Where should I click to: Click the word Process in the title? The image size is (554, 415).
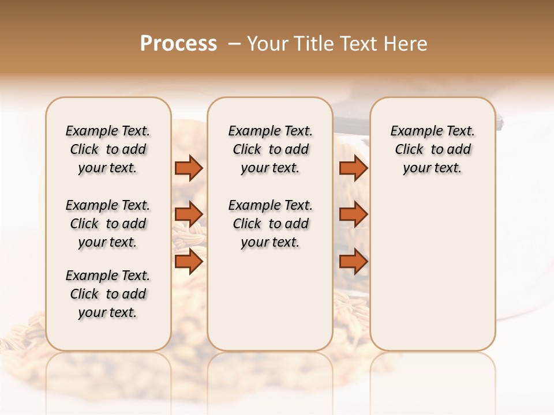(x=178, y=44)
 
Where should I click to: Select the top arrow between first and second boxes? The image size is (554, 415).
(x=189, y=168)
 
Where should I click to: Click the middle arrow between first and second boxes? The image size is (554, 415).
(x=189, y=214)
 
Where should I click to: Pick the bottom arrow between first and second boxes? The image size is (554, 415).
(x=189, y=262)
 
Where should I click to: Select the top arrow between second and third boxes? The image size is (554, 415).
(x=353, y=168)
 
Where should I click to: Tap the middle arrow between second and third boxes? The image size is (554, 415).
(x=353, y=214)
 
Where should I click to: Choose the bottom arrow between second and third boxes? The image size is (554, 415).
(x=353, y=262)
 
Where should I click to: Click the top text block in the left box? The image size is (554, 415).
(x=108, y=149)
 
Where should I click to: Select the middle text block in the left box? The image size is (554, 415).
(x=108, y=224)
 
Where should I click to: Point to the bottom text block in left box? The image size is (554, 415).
(x=108, y=294)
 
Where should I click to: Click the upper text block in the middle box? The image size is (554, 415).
(x=270, y=149)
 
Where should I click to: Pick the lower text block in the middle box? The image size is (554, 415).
(x=270, y=224)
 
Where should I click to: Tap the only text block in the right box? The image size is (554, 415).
(x=432, y=149)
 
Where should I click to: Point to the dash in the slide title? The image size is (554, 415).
(x=234, y=44)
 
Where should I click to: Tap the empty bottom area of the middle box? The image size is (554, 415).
(x=270, y=305)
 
